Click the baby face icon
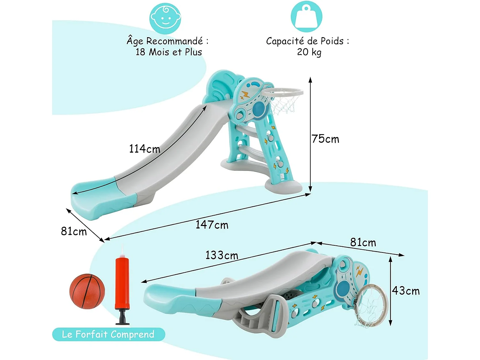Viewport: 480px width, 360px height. (165, 18)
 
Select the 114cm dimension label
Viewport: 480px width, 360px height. (144, 149)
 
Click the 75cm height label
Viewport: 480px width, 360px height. (325, 139)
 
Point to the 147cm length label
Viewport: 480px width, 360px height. (212, 225)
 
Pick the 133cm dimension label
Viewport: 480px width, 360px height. (221, 255)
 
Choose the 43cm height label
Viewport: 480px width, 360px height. (405, 291)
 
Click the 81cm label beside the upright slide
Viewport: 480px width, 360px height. (74, 231)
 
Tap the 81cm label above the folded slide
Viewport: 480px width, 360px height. (363, 243)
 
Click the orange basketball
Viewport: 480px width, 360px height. (87, 291)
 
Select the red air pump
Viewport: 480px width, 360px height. (122, 282)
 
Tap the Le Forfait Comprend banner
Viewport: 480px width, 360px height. (108, 334)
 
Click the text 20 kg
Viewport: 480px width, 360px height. (309, 52)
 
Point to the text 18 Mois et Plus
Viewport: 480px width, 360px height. (169, 52)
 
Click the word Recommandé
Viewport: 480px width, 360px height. (174, 41)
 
